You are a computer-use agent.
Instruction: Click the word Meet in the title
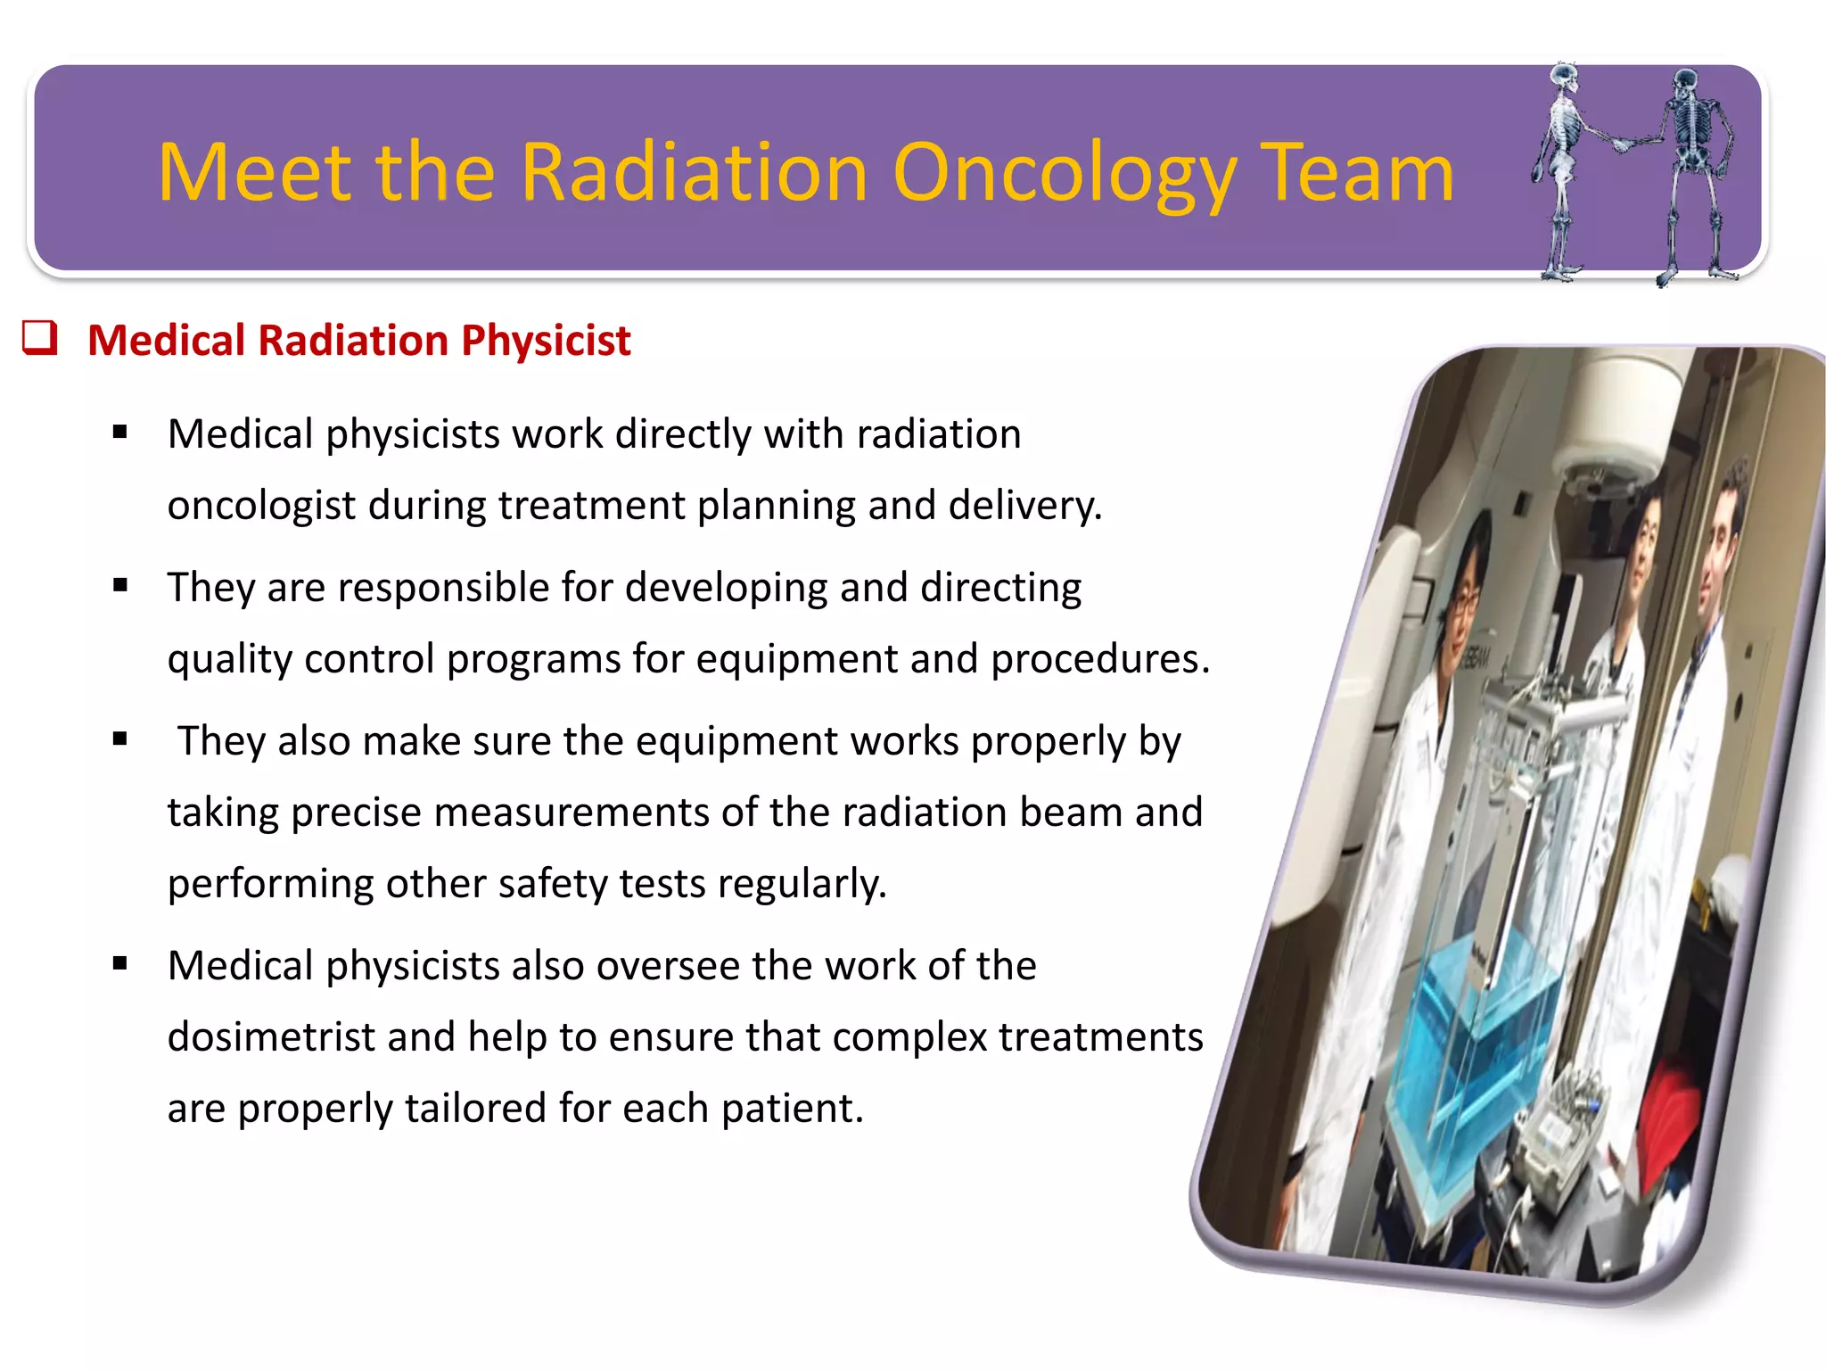coord(258,174)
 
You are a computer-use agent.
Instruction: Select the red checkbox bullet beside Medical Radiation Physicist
coord(40,338)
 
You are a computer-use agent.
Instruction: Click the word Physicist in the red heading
coord(546,341)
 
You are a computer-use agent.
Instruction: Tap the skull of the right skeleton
coord(1684,82)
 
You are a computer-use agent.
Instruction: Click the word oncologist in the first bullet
coord(261,506)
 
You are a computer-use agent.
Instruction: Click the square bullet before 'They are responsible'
coord(120,586)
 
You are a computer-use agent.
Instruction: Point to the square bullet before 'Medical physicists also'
coord(120,964)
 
